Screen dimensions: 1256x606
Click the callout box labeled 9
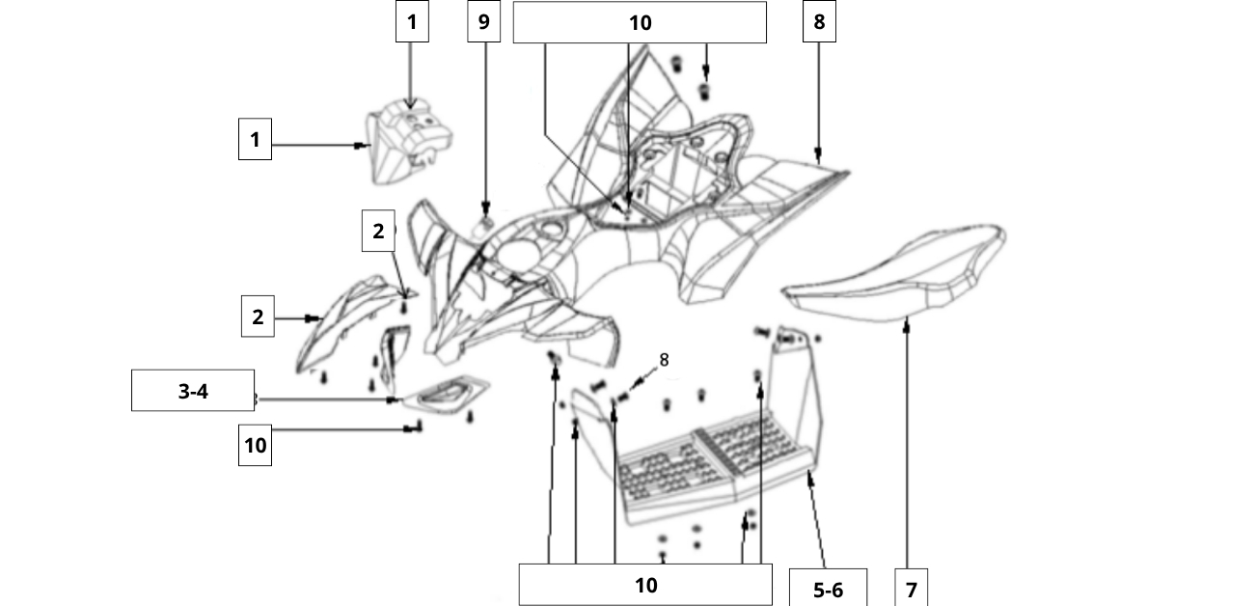click(484, 21)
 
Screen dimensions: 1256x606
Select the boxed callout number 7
click(911, 589)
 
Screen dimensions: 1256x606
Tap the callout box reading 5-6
click(829, 589)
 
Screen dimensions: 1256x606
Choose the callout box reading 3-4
click(193, 391)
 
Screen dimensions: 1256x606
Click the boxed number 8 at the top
click(819, 21)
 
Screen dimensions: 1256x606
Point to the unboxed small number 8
click(664, 360)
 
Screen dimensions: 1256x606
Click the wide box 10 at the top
click(640, 22)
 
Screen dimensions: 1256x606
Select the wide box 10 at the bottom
click(645, 585)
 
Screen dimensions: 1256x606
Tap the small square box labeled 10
click(255, 445)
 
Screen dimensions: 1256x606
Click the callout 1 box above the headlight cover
click(412, 21)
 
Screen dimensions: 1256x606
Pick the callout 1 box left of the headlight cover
click(255, 139)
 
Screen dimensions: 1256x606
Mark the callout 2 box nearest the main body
click(378, 231)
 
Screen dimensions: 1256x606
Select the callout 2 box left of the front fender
click(258, 317)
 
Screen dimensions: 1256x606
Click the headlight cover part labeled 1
click(409, 142)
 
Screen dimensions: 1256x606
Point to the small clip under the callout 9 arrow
click(483, 228)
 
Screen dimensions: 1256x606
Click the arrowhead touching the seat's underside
click(907, 323)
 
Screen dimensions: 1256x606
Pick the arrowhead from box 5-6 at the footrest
click(809, 478)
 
